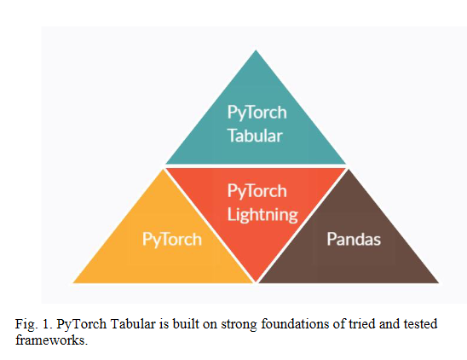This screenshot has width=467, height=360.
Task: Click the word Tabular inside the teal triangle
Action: click(x=255, y=136)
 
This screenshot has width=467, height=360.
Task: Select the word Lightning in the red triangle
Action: click(x=262, y=215)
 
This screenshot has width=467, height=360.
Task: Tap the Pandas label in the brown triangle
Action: click(x=354, y=239)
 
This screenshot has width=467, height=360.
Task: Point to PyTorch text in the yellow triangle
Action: click(x=172, y=240)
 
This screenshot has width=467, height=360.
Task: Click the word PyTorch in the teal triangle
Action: click(x=257, y=113)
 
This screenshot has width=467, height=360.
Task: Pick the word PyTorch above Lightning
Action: click(x=257, y=191)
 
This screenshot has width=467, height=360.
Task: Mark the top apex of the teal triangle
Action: click(x=256, y=50)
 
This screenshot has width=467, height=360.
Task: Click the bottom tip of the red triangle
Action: click(x=256, y=282)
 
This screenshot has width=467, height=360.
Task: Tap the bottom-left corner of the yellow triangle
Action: click(x=73, y=282)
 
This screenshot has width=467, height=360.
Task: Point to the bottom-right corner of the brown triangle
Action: click(x=439, y=282)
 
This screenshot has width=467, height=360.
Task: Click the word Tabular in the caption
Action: click(x=133, y=324)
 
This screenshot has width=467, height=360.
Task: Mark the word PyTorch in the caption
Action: click(x=82, y=324)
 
